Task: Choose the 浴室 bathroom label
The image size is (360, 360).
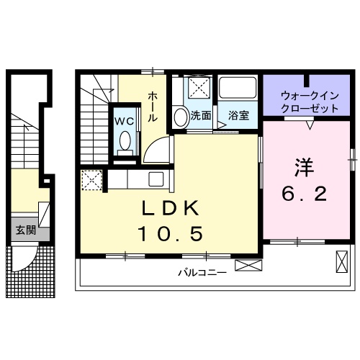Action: pyautogui.click(x=238, y=115)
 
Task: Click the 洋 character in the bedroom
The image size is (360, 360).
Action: pyautogui.click(x=303, y=166)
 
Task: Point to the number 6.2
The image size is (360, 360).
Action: pyautogui.click(x=303, y=193)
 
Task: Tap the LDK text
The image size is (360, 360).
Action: pyautogui.click(x=171, y=209)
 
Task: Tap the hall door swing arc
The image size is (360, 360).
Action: pyautogui.click(x=158, y=149)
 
